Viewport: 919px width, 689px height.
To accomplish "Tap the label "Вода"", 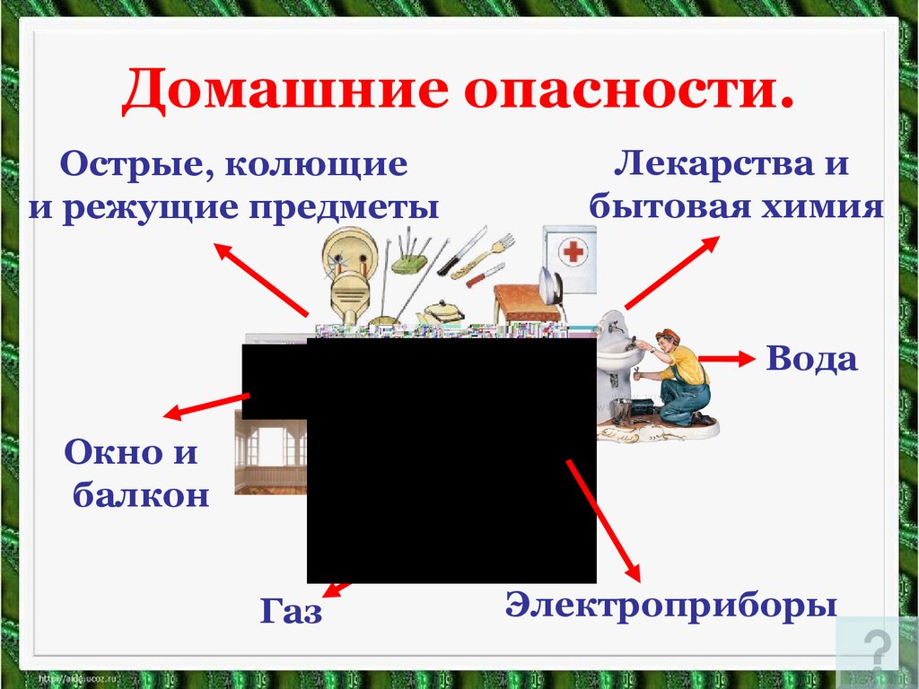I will click(x=811, y=360).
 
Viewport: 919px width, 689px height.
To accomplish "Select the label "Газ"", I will click(x=292, y=612).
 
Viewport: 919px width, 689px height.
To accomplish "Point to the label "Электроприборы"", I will click(x=671, y=604).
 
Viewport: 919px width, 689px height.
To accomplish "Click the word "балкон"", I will click(x=141, y=494).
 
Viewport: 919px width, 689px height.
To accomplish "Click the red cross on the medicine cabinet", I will click(x=572, y=252).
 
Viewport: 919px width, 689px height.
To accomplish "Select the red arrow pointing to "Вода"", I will click(x=726, y=360).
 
